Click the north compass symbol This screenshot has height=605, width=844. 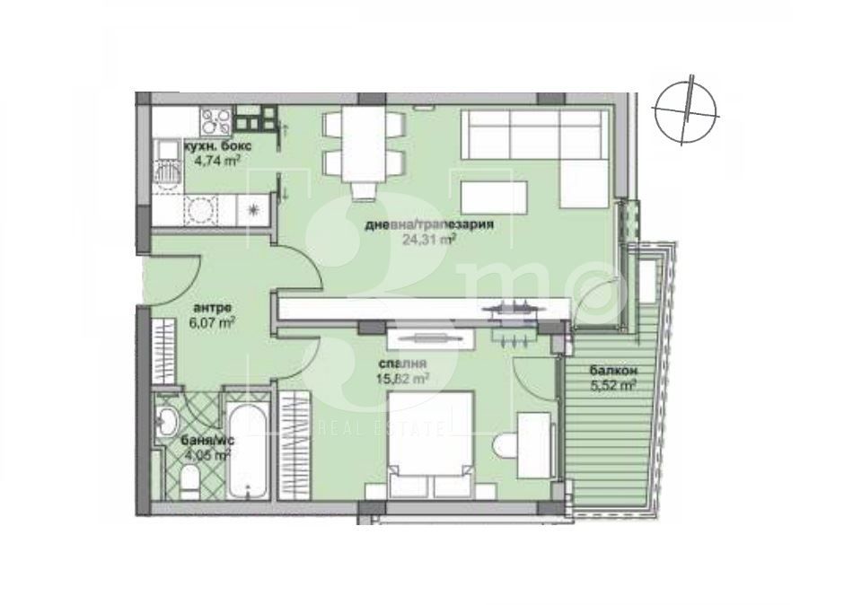[688, 110]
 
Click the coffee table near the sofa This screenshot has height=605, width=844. [490, 194]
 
